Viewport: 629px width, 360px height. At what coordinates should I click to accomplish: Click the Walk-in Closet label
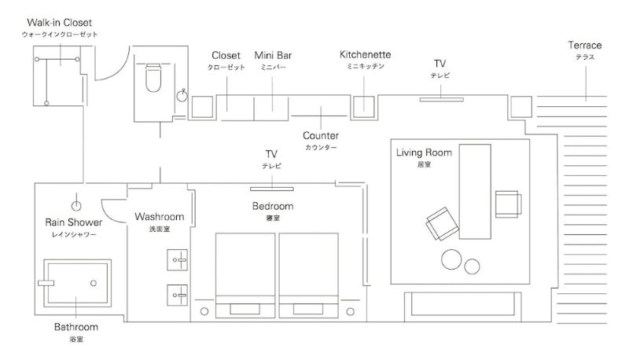[x=60, y=23]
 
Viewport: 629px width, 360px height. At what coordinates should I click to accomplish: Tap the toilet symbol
[x=153, y=77]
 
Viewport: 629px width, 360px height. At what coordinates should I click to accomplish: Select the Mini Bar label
[x=273, y=55]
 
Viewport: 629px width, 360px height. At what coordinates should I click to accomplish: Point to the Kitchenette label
[x=365, y=54]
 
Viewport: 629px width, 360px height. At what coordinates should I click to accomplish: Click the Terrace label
[x=585, y=46]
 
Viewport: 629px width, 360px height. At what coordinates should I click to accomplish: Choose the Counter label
[x=321, y=135]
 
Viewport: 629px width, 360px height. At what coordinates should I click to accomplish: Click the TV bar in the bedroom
[x=272, y=189]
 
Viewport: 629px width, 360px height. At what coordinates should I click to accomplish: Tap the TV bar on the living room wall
[x=442, y=99]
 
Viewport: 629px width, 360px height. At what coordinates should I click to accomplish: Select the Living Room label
[x=424, y=152]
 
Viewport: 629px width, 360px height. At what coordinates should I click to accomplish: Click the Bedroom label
[x=273, y=206]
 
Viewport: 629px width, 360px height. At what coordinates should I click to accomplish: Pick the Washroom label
[x=160, y=217]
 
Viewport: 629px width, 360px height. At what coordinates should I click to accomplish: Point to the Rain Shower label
[x=73, y=222]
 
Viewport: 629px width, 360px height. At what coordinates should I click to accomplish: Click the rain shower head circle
[x=76, y=206]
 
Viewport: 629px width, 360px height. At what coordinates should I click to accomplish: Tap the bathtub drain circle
[x=94, y=283]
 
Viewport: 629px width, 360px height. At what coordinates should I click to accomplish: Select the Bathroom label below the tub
[x=76, y=327]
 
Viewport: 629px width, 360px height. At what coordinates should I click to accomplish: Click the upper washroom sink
[x=178, y=259]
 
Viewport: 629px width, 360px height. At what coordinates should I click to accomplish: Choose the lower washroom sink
[x=178, y=295]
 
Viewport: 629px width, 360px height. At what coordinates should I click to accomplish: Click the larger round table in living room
[x=451, y=259]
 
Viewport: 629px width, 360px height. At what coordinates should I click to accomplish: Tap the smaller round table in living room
[x=473, y=266]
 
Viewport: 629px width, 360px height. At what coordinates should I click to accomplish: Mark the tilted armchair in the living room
[x=442, y=224]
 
